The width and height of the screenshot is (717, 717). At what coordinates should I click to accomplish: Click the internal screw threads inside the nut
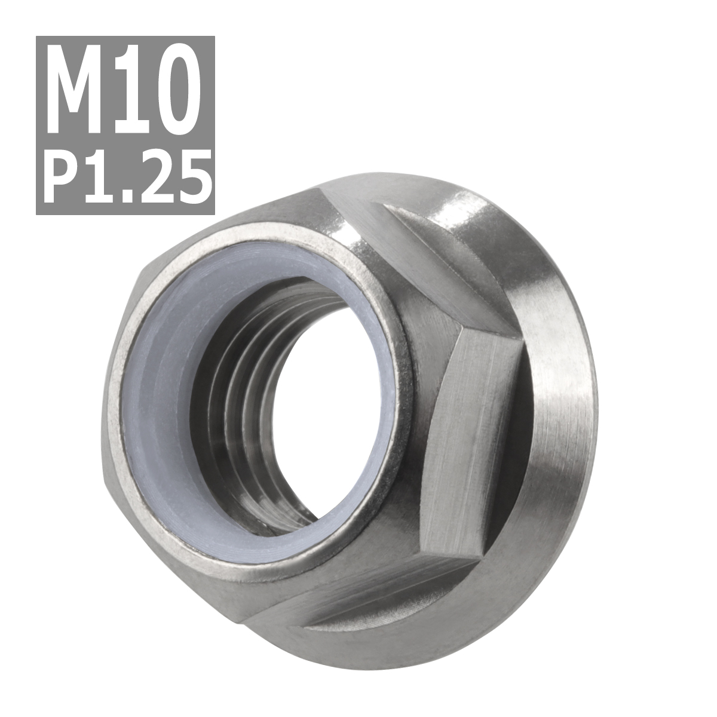coord(251,406)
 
